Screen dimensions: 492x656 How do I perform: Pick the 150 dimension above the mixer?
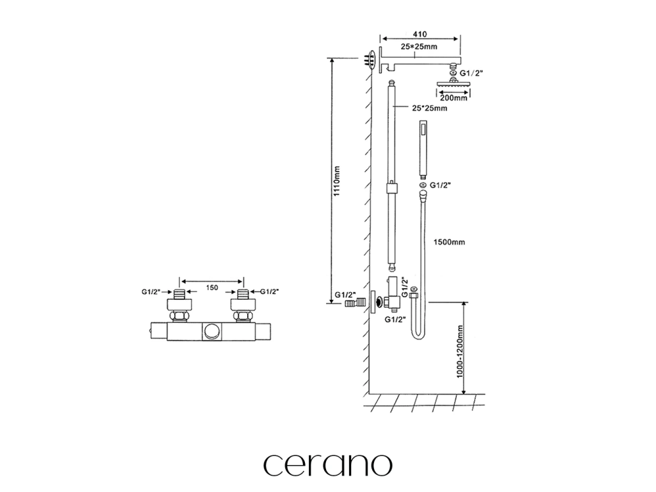tap(211, 288)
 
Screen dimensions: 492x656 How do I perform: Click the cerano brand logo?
tap(328, 463)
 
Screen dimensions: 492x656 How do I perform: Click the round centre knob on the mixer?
tap(211, 331)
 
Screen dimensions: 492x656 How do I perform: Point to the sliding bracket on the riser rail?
tap(392, 188)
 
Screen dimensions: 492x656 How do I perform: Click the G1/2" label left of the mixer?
tap(152, 291)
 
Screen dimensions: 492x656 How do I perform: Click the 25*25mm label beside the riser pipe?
tap(429, 109)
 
